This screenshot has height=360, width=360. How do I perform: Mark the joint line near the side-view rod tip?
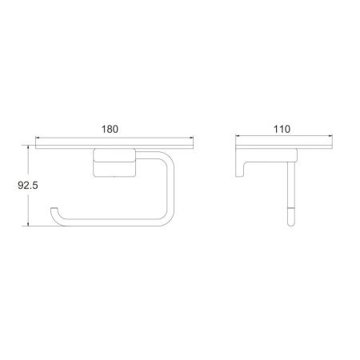[289, 209]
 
